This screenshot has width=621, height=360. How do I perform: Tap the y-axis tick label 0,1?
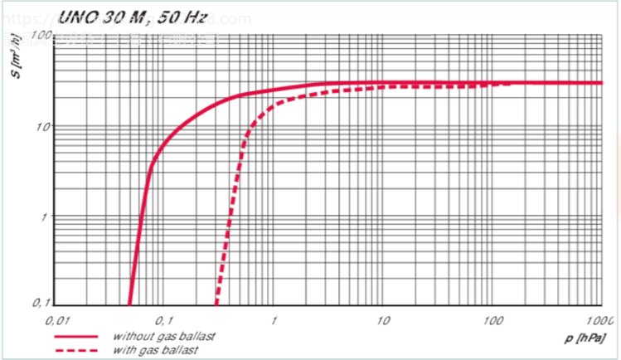coord(41,303)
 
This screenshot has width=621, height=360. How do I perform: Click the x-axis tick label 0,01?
coord(56,320)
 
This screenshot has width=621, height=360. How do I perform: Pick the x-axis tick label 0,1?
coord(164,320)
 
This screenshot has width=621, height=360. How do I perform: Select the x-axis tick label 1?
coord(274,320)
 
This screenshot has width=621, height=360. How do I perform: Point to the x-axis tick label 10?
coord(382,320)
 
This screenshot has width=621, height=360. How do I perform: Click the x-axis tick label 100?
coord(492,320)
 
